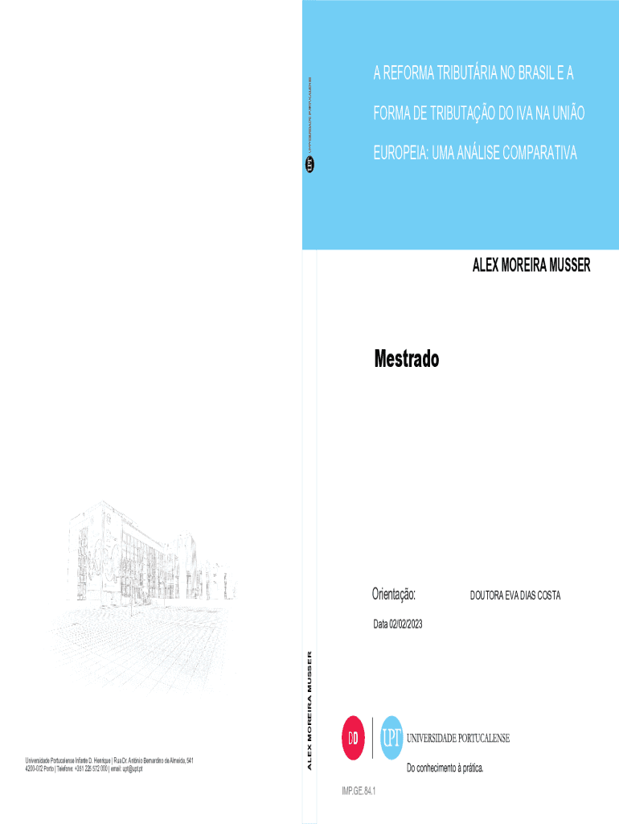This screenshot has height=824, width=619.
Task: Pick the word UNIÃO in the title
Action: coord(566,114)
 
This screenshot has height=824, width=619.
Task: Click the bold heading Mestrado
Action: coord(406,359)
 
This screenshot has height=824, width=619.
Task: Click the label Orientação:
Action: coord(394,594)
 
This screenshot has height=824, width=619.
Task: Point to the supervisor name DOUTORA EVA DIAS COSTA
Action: coord(514,595)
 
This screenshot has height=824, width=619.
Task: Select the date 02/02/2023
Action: coord(404,624)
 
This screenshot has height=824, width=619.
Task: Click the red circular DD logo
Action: coord(355,738)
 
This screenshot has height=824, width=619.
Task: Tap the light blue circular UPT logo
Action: coord(391,738)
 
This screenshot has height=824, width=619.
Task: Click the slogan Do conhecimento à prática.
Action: coord(445,768)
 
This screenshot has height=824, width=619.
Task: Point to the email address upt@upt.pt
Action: coord(129,769)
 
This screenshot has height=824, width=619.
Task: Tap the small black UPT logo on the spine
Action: coord(309,164)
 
